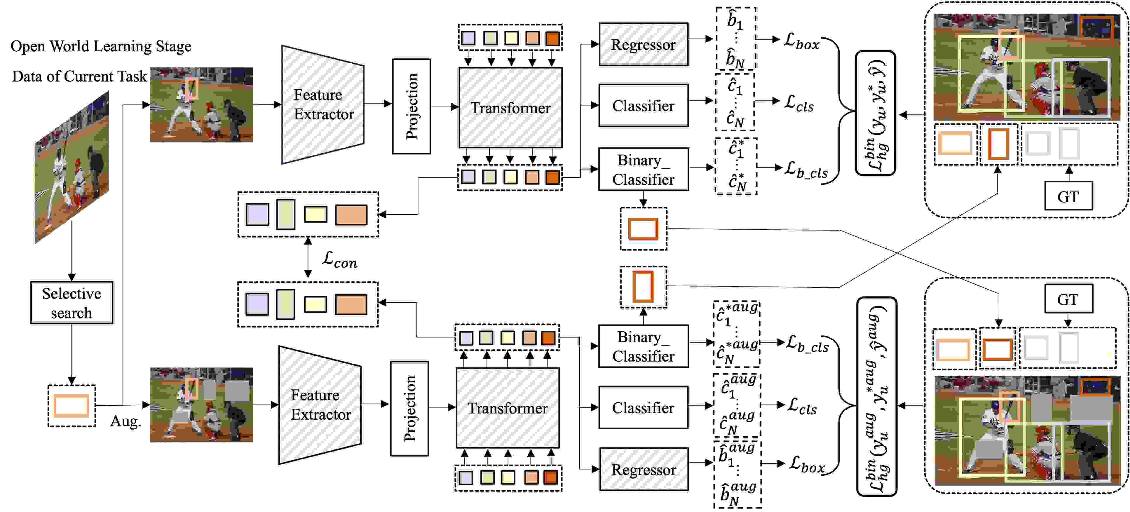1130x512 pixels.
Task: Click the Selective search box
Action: pyautogui.click(x=72, y=303)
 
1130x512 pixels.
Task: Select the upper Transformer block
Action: pyautogui.click(x=510, y=108)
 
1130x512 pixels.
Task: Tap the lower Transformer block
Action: pyautogui.click(x=508, y=408)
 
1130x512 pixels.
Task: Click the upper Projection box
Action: pyautogui.click(x=411, y=106)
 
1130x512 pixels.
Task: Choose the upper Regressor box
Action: pyautogui.click(x=643, y=44)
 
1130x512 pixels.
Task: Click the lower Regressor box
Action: pyautogui.click(x=643, y=469)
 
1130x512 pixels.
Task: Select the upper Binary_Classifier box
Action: pyautogui.click(x=643, y=169)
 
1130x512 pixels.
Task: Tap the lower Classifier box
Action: pyautogui.click(x=643, y=408)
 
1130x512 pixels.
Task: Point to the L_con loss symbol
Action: pyautogui.click(x=340, y=260)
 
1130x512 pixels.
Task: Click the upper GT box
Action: pyautogui.click(x=1068, y=196)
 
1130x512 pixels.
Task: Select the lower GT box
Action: pyautogui.click(x=1068, y=299)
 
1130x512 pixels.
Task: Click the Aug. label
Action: pyautogui.click(x=125, y=421)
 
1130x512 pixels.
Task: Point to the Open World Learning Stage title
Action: pyautogui.click(x=101, y=46)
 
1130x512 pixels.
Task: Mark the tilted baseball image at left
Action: pyautogui.click(x=72, y=167)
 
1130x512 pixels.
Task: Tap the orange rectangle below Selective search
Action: pyautogui.click(x=72, y=405)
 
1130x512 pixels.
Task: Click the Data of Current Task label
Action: pyautogui.click(x=79, y=76)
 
